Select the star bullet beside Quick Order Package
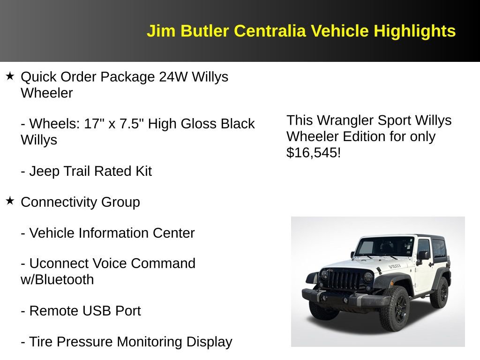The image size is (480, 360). tap(10, 76)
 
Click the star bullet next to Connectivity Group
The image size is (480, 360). tap(10, 201)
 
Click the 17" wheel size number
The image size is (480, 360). tap(92, 124)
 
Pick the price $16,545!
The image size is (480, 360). tap(314, 152)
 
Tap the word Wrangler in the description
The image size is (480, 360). tap(345, 120)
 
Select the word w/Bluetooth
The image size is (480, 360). tap(57, 279)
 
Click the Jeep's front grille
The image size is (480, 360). tap(345, 280)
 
